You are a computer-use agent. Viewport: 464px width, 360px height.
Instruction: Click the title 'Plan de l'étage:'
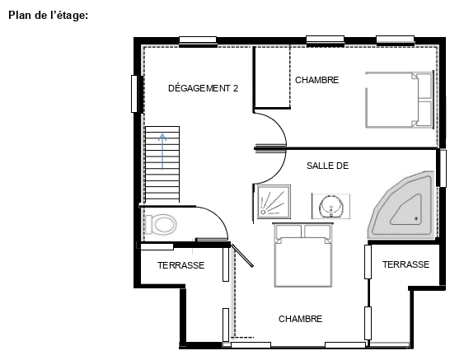point(49,15)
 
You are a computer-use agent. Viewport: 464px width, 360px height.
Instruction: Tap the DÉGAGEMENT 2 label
point(203,88)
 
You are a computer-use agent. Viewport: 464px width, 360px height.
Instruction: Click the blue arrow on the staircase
point(162,152)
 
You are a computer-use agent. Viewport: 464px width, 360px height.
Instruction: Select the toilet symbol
point(161,225)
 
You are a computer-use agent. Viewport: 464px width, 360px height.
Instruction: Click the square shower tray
point(274,202)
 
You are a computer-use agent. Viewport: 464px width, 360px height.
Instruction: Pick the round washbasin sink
point(331,206)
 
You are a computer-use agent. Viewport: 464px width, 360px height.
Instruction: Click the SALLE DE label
point(327,166)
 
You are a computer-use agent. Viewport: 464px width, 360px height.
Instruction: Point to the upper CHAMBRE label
point(317,80)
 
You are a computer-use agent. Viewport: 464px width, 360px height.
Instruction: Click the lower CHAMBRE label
point(300,319)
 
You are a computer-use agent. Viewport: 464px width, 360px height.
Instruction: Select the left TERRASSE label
point(180,265)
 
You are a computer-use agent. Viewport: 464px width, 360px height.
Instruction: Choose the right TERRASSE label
point(405,264)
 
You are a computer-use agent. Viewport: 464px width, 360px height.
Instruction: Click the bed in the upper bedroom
point(400,100)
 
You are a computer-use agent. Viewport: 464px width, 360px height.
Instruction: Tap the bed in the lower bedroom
point(302,255)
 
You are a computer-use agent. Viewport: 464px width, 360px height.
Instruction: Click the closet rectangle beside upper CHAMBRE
point(272,77)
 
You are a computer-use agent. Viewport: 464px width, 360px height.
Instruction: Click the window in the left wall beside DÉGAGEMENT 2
point(134,94)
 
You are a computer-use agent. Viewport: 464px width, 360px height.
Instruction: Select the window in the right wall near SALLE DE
point(443,168)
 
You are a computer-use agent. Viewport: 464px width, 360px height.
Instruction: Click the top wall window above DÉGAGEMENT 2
point(198,40)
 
